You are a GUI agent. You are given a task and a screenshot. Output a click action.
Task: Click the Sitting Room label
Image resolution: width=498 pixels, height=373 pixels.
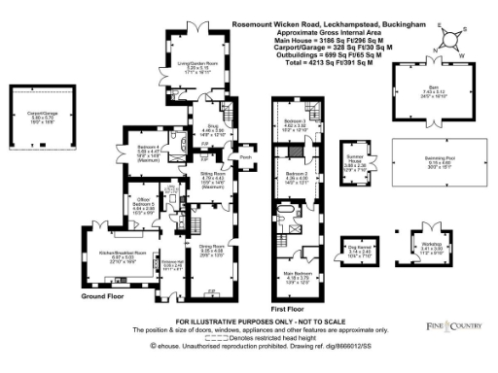point(198,176)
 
